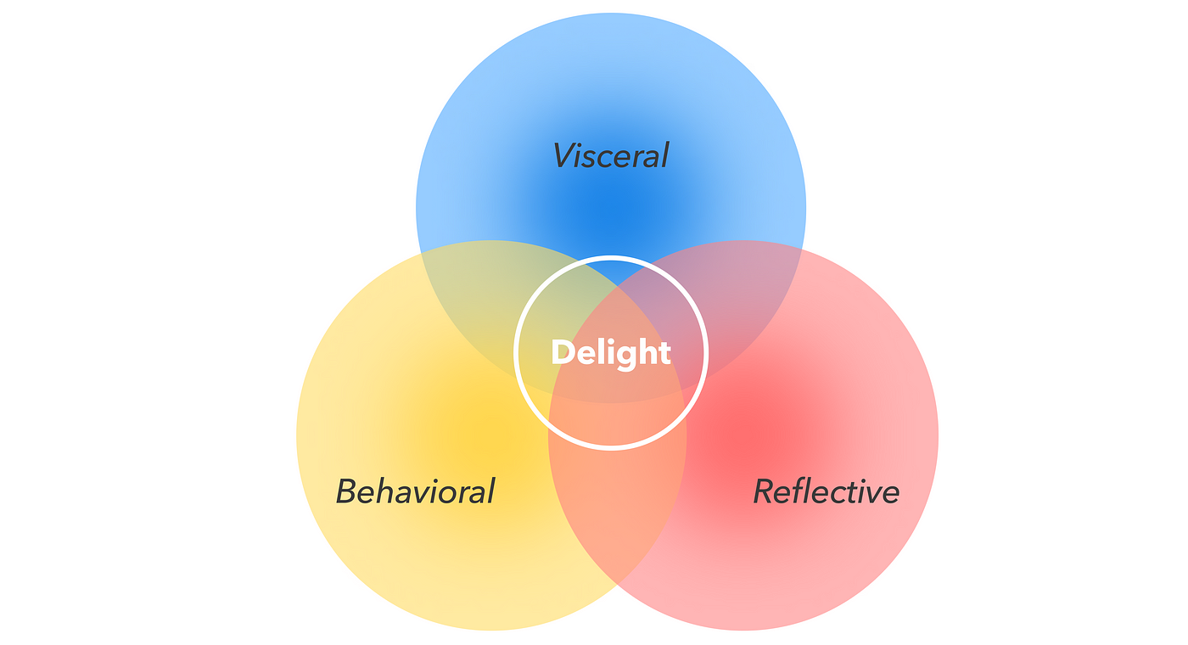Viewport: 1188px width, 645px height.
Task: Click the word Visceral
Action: tap(611, 156)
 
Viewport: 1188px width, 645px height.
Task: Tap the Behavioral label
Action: tap(415, 491)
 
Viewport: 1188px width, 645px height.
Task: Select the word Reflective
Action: tap(826, 491)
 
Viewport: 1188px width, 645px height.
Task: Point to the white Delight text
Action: tap(611, 352)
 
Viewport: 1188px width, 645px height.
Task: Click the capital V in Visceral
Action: tap(564, 156)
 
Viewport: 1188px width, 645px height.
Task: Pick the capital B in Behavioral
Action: tap(346, 491)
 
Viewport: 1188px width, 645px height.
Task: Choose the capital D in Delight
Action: tap(562, 352)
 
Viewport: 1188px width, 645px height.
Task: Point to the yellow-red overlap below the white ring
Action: tap(617, 509)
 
